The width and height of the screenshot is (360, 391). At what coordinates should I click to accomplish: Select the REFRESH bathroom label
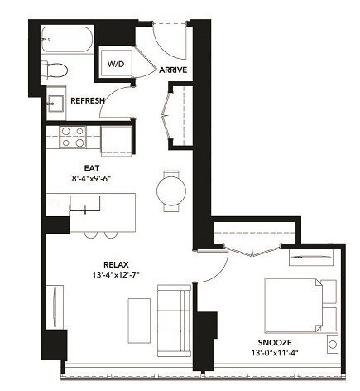pyautogui.click(x=87, y=100)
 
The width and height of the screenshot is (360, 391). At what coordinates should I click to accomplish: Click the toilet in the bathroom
pyautogui.click(x=59, y=73)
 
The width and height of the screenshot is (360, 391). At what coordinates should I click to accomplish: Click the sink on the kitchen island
pyautogui.click(x=84, y=203)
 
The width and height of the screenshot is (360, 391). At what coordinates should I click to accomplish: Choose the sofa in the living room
pyautogui.click(x=174, y=319)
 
